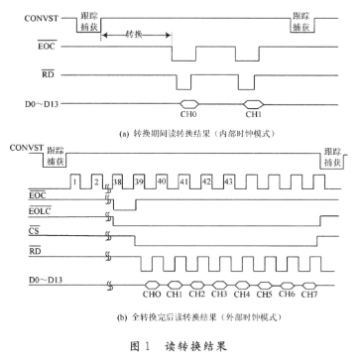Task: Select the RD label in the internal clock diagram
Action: click(x=46, y=74)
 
